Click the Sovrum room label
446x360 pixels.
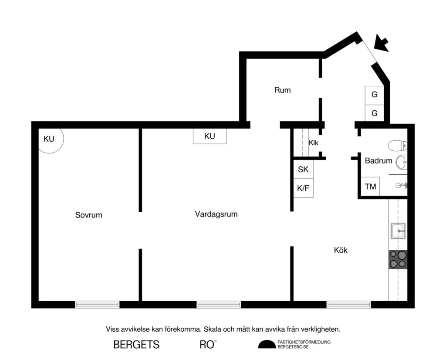tap(88, 215)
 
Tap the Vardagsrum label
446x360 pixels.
tap(216, 214)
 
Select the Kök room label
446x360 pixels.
tap(341, 250)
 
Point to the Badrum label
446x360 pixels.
tap(378, 161)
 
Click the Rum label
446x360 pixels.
tap(282, 91)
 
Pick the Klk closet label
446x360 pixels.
tap(314, 143)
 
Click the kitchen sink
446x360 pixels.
tap(398, 231)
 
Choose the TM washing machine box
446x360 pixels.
tap(370, 187)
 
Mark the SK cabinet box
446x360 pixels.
tap(303, 170)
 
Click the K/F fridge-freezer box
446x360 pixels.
tap(303, 189)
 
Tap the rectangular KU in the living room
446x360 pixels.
tap(209, 136)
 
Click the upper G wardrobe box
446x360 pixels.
tap(374, 95)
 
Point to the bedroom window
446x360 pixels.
tap(97, 305)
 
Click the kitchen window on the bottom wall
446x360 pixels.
tap(348, 305)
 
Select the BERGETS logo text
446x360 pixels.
tap(136, 345)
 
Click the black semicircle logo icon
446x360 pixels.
tap(267, 345)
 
